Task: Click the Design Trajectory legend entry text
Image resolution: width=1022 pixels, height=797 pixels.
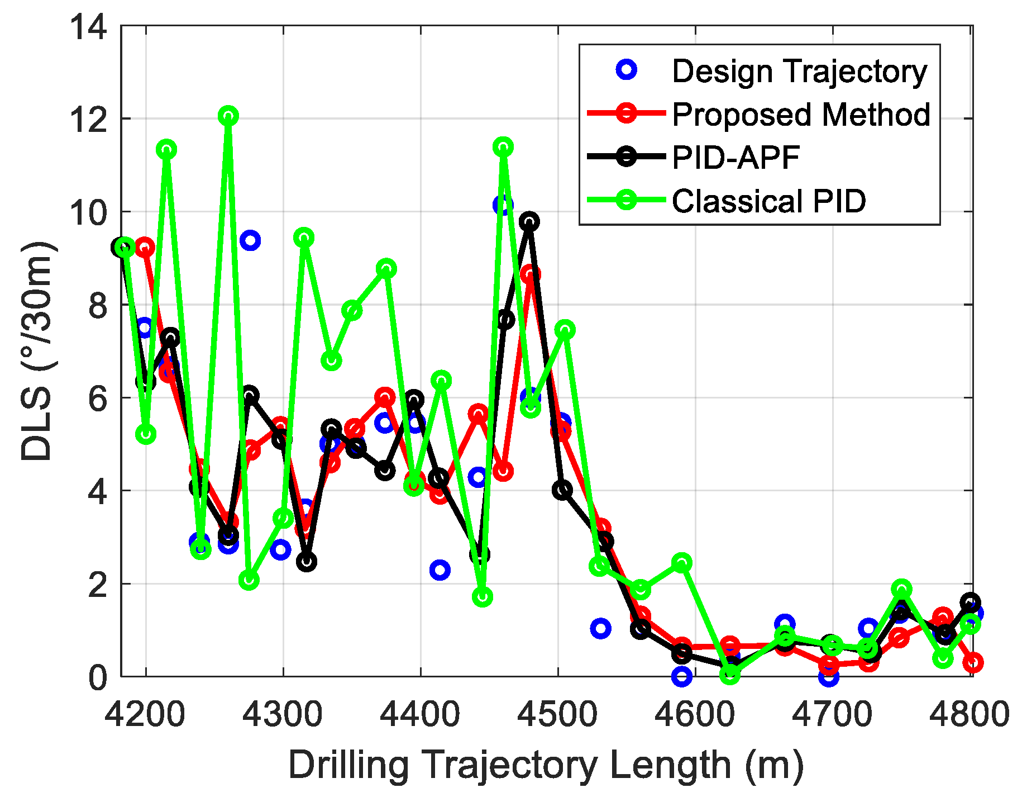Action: pos(799,72)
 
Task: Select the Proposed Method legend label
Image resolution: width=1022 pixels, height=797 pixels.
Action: pos(801,115)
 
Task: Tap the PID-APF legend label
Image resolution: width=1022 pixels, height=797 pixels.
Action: pos(736,158)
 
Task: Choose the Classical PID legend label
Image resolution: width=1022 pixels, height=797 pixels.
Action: pos(768,201)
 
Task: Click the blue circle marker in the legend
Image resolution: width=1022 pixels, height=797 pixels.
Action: pos(627,70)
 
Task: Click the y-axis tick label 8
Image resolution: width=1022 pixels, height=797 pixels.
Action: pos(97,305)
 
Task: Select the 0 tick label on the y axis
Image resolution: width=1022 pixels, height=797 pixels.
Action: pos(97,677)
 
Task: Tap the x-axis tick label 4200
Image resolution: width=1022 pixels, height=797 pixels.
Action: pos(145,714)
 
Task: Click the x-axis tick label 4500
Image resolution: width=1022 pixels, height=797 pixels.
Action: pos(557,714)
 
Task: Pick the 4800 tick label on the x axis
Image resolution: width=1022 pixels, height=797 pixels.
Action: pos(970,714)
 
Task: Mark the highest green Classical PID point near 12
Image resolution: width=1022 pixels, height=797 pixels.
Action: pos(228,116)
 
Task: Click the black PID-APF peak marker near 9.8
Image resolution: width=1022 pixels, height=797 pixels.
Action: pos(529,221)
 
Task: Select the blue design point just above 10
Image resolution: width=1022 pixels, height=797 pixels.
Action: pos(502,205)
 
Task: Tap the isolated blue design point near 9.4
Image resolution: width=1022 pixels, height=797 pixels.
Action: pos(250,240)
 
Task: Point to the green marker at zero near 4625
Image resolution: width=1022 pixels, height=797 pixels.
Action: pos(729,674)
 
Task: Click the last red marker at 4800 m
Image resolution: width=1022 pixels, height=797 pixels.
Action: pos(973,662)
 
